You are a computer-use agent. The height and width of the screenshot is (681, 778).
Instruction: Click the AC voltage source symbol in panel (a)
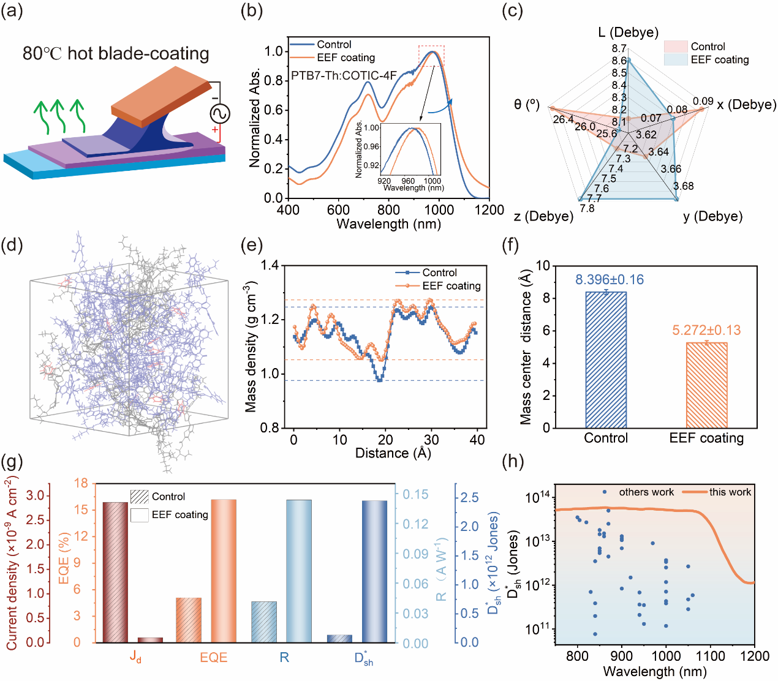pyautogui.click(x=219, y=113)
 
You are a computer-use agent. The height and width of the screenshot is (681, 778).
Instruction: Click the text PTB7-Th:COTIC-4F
pyautogui.click(x=344, y=76)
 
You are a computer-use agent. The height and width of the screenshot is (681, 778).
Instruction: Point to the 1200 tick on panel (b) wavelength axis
pyautogui.click(x=489, y=210)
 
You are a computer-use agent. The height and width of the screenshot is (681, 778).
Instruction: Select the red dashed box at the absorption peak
pyautogui.click(x=431, y=55)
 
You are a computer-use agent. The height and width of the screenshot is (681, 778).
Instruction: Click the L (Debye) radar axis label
pyautogui.click(x=628, y=32)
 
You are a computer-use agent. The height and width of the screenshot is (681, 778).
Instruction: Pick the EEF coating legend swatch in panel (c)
pyautogui.click(x=676, y=59)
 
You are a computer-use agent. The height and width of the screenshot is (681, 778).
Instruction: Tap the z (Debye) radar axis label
pyautogui.click(x=543, y=216)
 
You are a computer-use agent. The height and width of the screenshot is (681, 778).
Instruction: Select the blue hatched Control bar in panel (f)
pyautogui.click(x=606, y=360)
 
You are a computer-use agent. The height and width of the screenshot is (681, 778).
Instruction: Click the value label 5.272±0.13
pyautogui.click(x=706, y=331)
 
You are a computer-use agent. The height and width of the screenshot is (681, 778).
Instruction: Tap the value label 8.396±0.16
pyautogui.click(x=609, y=280)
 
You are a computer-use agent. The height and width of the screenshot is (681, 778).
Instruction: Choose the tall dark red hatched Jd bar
pyautogui.click(x=115, y=572)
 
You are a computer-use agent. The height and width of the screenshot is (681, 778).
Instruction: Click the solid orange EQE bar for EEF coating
pyautogui.click(x=224, y=571)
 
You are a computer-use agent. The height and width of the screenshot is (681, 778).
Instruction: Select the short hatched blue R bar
pyautogui.click(x=264, y=622)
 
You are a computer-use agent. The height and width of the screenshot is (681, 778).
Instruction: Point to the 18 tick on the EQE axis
pyautogui.click(x=81, y=483)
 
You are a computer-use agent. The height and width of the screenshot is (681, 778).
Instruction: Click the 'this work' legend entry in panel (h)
pyautogui.click(x=730, y=492)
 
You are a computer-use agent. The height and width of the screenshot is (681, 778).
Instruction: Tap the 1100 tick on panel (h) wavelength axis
pyautogui.click(x=710, y=656)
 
